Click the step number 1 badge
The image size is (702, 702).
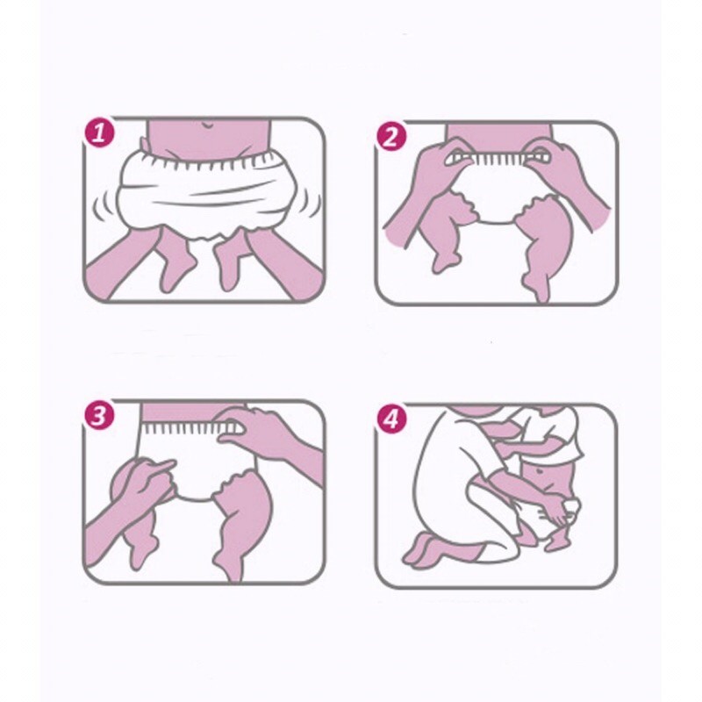click(99, 133)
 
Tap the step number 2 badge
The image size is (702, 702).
click(391, 136)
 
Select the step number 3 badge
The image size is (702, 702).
click(99, 414)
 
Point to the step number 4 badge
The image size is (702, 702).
click(391, 419)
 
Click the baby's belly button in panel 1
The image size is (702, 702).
click(207, 124)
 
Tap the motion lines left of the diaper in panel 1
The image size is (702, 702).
click(103, 205)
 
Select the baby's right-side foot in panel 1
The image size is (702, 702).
click(229, 268)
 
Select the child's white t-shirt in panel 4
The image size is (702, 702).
click(552, 432)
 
